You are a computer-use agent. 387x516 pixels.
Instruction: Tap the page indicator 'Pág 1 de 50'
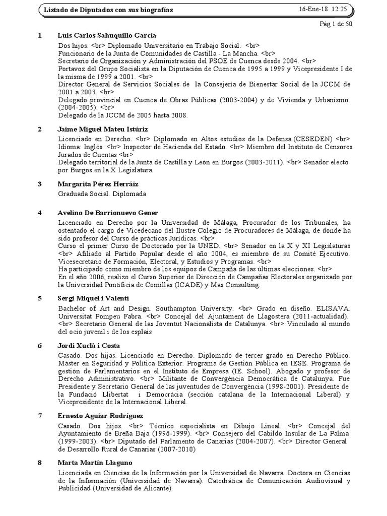tap(336, 24)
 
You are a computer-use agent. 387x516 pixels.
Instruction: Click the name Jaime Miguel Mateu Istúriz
tap(103, 130)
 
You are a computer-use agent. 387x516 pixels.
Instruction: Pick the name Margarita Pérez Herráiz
tap(97, 184)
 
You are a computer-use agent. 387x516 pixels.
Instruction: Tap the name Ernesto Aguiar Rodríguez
tap(101, 416)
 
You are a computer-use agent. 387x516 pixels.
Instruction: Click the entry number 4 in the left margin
tap(40, 213)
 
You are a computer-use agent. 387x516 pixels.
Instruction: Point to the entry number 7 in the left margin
tap(40, 416)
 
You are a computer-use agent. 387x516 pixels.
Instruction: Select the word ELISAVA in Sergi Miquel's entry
tap(334, 307)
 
